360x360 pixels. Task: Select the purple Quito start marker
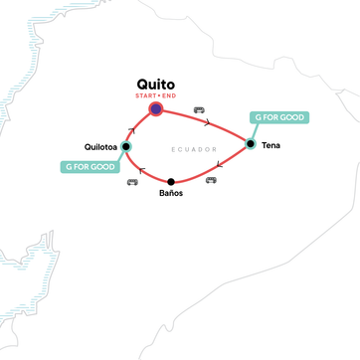156,109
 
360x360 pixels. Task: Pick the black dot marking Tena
251,143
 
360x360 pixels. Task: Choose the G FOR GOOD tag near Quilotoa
89,166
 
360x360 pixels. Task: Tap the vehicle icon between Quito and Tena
198,108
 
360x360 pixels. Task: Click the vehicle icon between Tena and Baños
212,181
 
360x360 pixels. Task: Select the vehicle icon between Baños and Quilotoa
132,182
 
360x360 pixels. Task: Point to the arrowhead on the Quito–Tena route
206,124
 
